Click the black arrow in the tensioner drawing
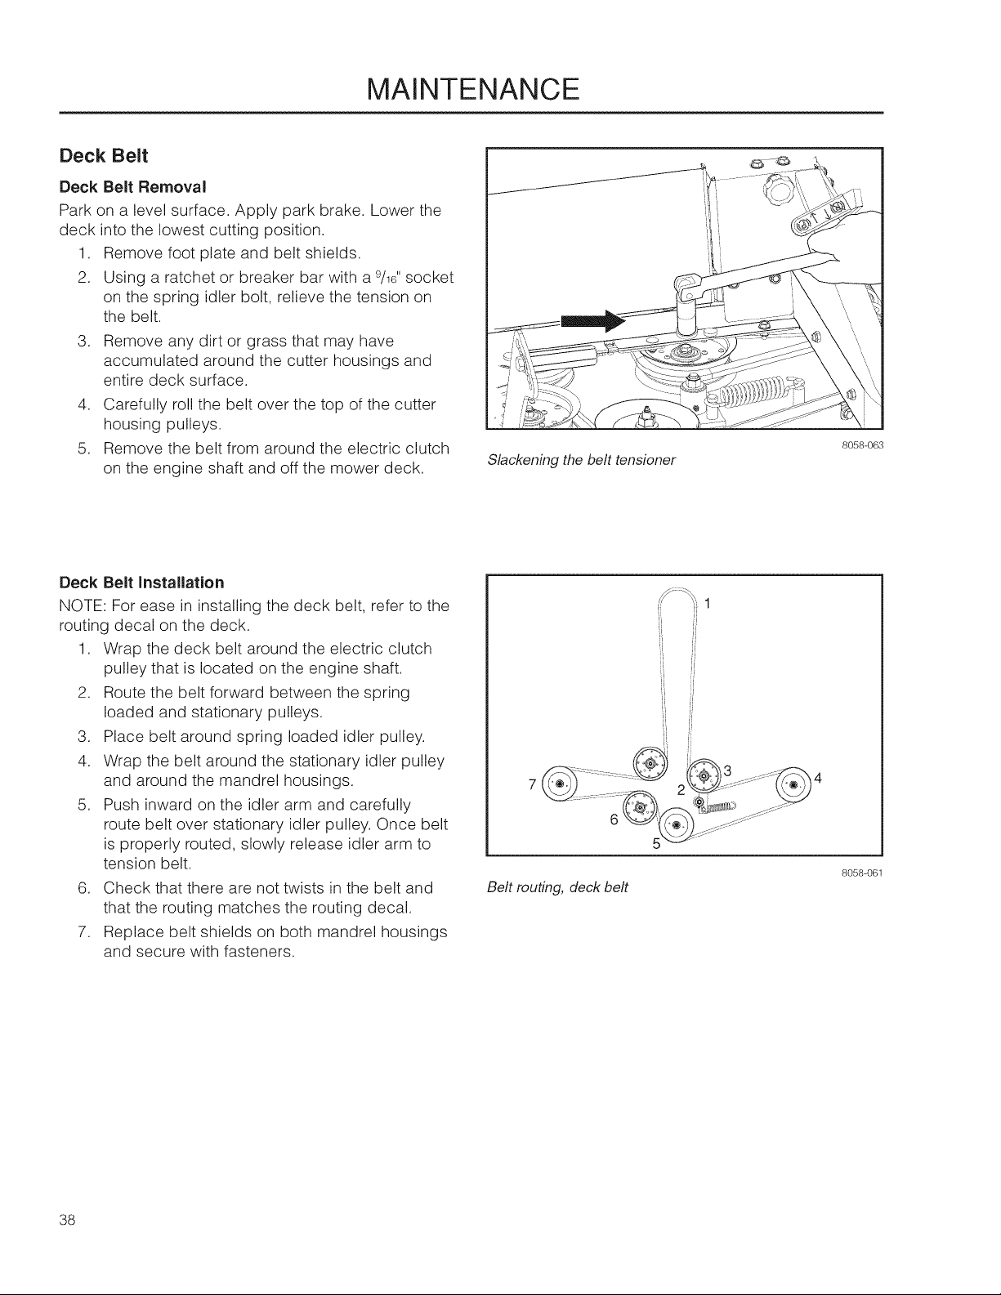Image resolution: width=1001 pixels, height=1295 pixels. [593, 322]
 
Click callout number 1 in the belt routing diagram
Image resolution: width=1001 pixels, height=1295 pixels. [708, 604]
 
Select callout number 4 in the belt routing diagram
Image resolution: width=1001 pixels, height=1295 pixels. [818, 778]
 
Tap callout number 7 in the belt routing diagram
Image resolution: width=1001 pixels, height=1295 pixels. [532, 784]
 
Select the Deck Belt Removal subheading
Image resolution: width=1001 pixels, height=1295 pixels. [132, 187]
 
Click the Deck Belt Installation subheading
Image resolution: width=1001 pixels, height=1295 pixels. [142, 583]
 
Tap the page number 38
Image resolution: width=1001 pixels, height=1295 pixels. [67, 1220]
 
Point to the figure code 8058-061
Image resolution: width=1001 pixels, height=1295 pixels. [862, 873]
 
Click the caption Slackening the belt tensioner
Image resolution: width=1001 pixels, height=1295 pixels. [582, 460]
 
